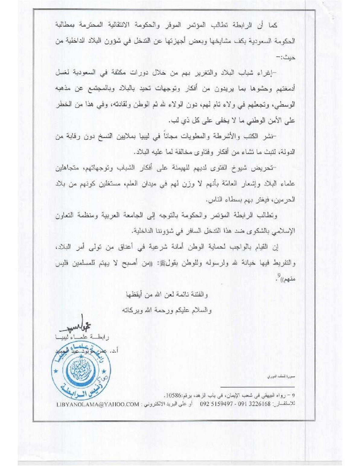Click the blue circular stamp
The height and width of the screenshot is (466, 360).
[x=81, y=371]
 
